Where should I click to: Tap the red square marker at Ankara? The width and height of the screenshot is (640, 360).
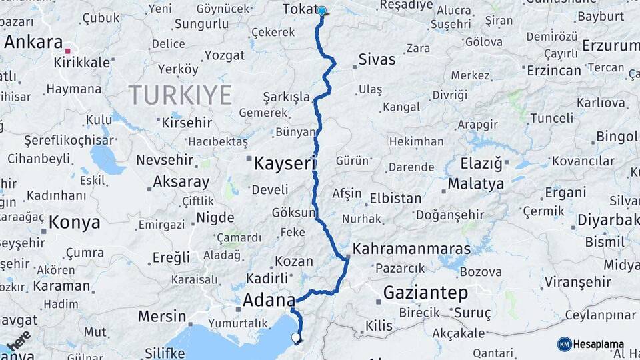(67, 51)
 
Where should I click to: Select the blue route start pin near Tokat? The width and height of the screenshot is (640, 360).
(322, 11)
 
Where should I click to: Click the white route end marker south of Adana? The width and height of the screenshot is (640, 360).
(296, 337)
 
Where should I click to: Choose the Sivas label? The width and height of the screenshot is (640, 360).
(377, 59)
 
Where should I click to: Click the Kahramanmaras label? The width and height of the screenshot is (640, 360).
(411, 249)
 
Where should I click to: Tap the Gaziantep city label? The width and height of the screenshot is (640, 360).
(425, 292)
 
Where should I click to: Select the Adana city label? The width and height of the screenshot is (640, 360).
(269, 300)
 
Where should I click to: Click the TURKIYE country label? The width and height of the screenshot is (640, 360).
(180, 95)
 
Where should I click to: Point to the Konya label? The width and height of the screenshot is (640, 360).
(75, 222)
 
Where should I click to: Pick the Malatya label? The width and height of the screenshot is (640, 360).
(475, 184)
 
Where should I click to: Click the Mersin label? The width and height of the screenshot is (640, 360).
(162, 315)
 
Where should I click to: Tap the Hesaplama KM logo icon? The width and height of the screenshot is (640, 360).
(564, 344)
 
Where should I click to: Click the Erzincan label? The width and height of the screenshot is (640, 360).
(553, 70)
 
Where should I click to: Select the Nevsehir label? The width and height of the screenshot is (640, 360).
(165, 160)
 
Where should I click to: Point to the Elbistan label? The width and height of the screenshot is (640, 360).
(395, 199)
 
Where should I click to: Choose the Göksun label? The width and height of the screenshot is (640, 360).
(293, 213)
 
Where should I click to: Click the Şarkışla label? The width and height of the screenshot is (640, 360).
(286, 96)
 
